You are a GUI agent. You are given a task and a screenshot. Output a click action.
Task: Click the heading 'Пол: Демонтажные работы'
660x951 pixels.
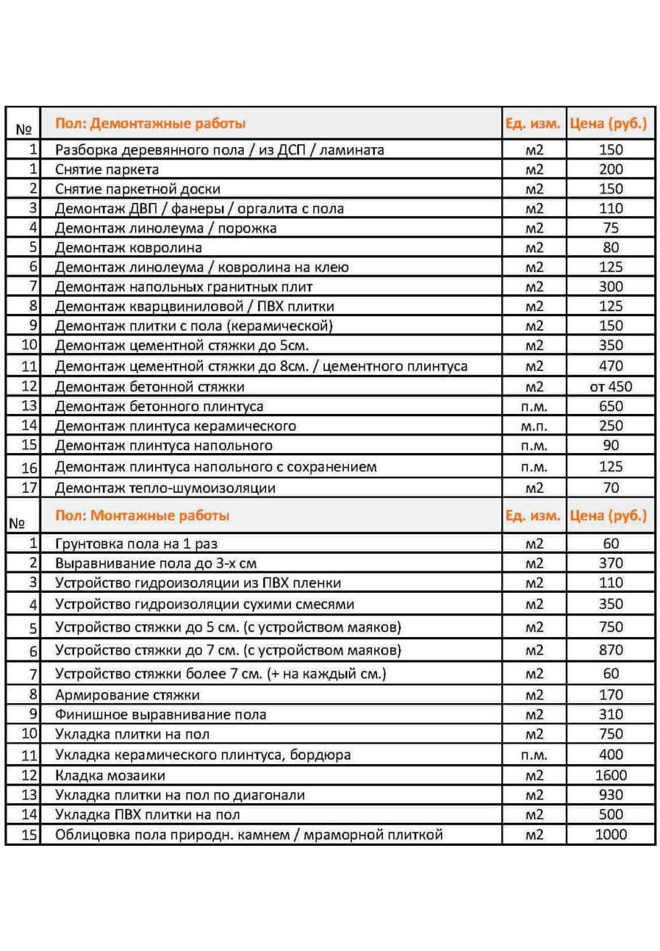pyautogui.click(x=150, y=123)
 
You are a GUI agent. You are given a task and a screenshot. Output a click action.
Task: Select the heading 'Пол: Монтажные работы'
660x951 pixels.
pyautogui.click(x=142, y=516)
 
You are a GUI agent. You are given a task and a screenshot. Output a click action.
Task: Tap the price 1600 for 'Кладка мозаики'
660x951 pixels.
pyautogui.click(x=611, y=776)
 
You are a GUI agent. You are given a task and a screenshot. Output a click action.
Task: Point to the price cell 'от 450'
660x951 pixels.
pyautogui.click(x=611, y=387)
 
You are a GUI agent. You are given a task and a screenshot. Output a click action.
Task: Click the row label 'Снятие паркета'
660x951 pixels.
pyautogui.click(x=107, y=170)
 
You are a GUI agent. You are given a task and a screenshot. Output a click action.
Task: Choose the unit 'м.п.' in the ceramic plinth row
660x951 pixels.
pyautogui.click(x=534, y=426)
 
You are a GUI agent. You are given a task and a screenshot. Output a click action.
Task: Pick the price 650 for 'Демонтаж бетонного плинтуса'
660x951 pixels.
pyautogui.click(x=611, y=407)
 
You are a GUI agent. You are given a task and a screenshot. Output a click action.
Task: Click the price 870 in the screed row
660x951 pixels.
pyautogui.click(x=611, y=651)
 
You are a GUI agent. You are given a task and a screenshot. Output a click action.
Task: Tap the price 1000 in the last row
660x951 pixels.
pyautogui.click(x=611, y=835)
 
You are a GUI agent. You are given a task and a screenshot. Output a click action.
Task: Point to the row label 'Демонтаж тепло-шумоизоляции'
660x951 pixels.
pyautogui.click(x=165, y=489)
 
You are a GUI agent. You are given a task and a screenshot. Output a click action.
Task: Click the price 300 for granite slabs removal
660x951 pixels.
pyautogui.click(x=611, y=287)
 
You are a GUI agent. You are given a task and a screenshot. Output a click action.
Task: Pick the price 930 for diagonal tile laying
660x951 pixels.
pyautogui.click(x=611, y=795)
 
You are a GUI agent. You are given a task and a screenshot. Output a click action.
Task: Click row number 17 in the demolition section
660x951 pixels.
pyautogui.click(x=30, y=489)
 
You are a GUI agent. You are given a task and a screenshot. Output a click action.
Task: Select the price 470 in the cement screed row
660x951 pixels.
pyautogui.click(x=611, y=367)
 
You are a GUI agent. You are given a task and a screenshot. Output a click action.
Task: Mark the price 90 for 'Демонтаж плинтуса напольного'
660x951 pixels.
pyautogui.click(x=611, y=446)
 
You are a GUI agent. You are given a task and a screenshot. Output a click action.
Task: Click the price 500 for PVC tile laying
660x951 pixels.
pyautogui.click(x=611, y=815)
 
